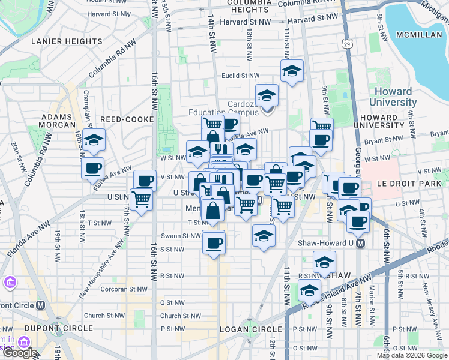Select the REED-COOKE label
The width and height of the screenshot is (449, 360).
(125, 119)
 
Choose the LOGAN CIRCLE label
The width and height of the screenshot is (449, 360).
(251, 329)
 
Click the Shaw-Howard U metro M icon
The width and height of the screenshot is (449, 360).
(360, 244)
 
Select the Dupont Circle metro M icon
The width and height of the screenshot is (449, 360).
(41, 305)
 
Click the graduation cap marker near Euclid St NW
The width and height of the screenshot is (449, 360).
(292, 71)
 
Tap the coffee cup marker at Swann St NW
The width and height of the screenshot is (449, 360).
(213, 242)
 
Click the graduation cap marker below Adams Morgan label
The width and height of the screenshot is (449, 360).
(93, 140)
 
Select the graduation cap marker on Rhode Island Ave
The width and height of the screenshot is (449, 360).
(309, 290)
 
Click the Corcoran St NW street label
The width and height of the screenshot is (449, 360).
(125, 289)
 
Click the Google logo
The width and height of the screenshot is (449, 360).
(20, 353)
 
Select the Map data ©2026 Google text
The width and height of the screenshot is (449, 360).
(412, 355)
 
